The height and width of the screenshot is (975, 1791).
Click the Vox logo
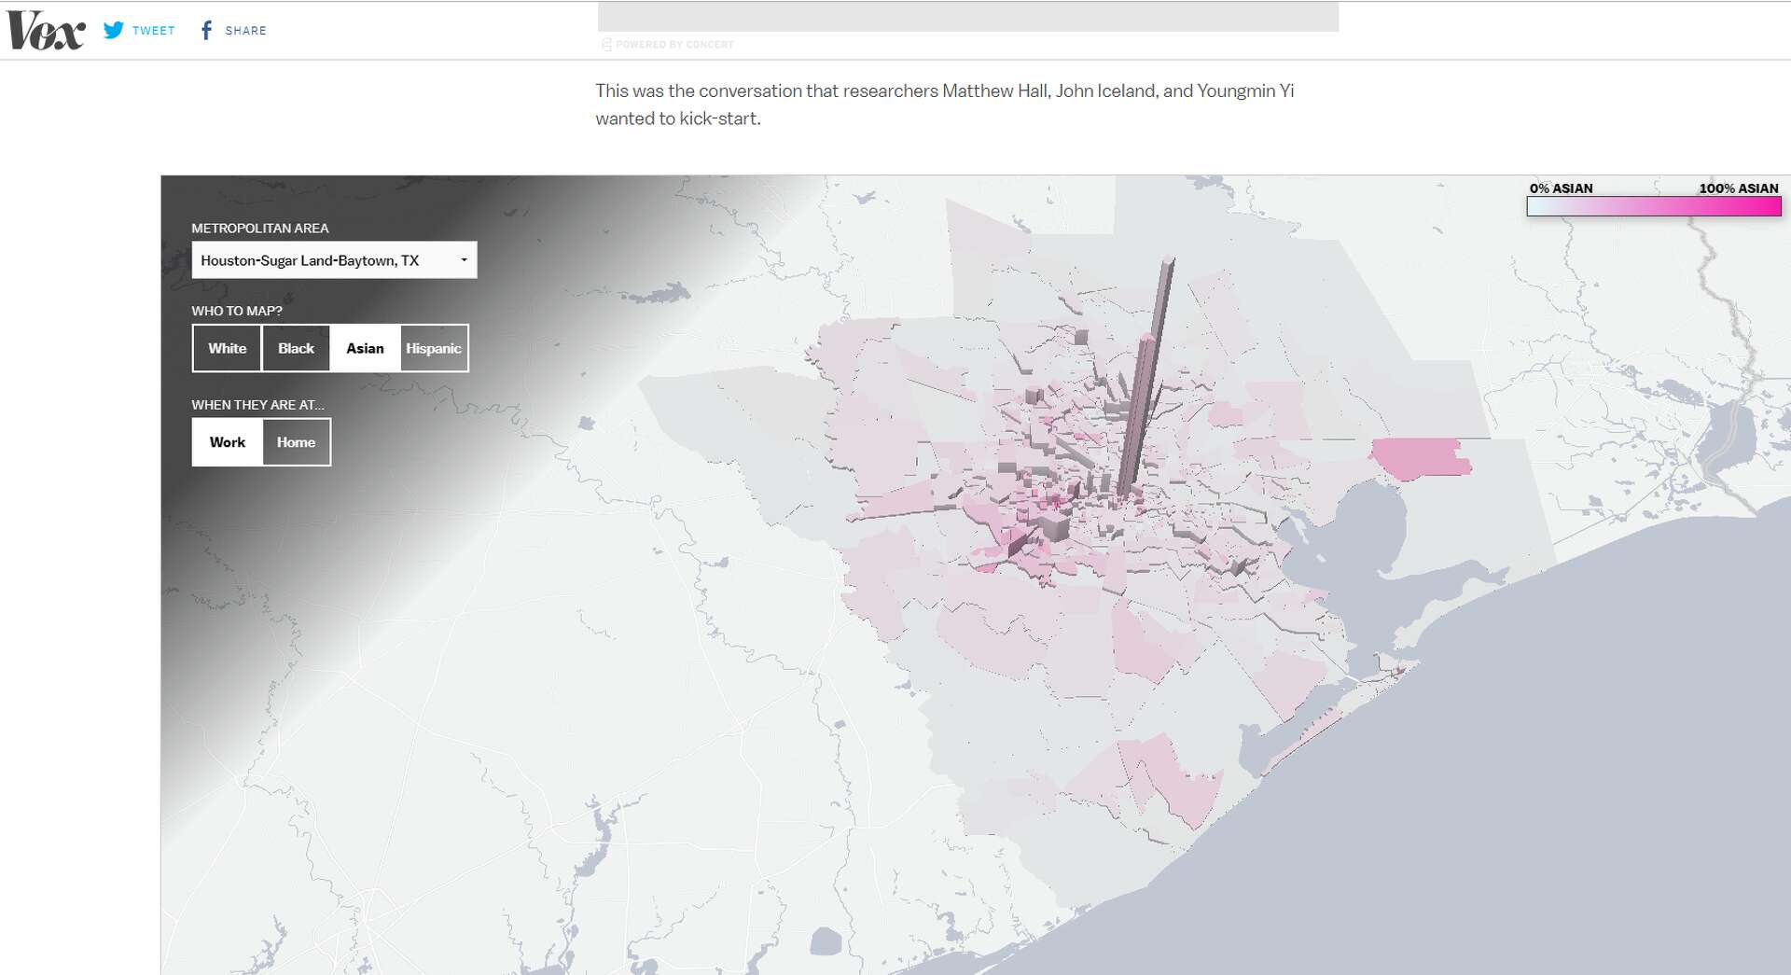point(46,31)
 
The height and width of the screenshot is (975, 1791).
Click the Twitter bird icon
point(114,30)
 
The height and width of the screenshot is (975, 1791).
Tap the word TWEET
point(154,31)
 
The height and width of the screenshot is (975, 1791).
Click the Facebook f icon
point(206,31)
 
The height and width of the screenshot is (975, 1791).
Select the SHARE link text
point(245,31)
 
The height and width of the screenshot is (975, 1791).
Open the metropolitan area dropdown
point(334,260)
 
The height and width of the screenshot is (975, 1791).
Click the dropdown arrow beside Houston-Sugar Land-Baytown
point(464,260)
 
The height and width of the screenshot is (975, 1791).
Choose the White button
point(228,348)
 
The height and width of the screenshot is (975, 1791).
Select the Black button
point(296,348)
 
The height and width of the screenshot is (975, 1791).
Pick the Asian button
point(365,348)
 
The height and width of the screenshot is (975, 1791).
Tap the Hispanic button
point(434,348)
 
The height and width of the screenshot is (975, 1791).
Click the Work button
point(228,442)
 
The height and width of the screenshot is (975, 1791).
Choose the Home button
point(296,442)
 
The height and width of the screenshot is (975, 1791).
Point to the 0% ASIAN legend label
point(1561,188)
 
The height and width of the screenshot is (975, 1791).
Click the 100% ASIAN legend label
point(1738,188)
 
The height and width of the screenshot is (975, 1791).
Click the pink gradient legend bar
point(1653,207)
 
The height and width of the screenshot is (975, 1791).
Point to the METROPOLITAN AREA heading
point(260,228)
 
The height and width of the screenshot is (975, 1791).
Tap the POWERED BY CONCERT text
point(674,44)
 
